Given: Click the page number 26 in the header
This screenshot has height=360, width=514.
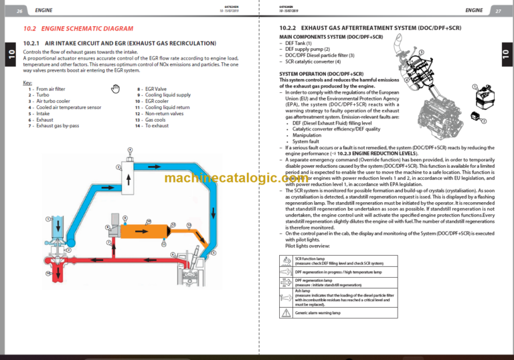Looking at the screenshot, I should point(19,11).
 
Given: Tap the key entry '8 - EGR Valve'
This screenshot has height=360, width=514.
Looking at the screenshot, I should point(153,88).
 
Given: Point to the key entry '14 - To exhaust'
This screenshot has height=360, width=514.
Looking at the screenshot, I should point(152,125).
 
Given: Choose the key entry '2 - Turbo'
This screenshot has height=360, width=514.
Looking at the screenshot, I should point(38,95).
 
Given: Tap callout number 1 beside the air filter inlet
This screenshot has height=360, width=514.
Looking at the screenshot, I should point(48,219).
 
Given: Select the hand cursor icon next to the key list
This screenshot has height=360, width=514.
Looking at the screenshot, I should point(115,88).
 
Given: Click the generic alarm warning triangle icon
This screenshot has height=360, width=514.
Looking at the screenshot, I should point(286,312).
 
